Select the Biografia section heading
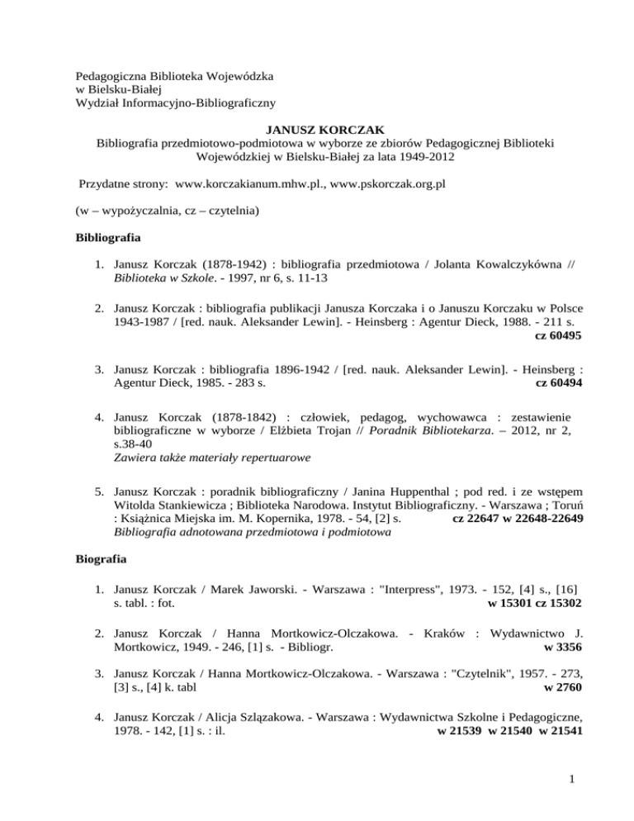(x=93, y=559)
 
